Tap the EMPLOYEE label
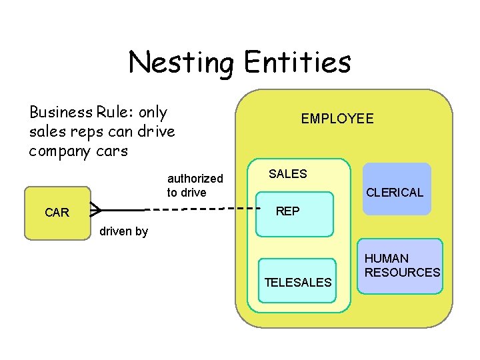[337, 119]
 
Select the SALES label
[287, 174]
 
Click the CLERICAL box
[396, 189]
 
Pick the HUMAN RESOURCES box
[400, 266]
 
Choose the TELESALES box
[297, 281]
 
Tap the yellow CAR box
[57, 213]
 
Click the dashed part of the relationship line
[200, 209]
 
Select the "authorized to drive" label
[195, 185]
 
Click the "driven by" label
[123, 232]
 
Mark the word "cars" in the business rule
[111, 151]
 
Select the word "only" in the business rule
[152, 112]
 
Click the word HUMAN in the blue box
[387, 258]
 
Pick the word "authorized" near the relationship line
[195, 179]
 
